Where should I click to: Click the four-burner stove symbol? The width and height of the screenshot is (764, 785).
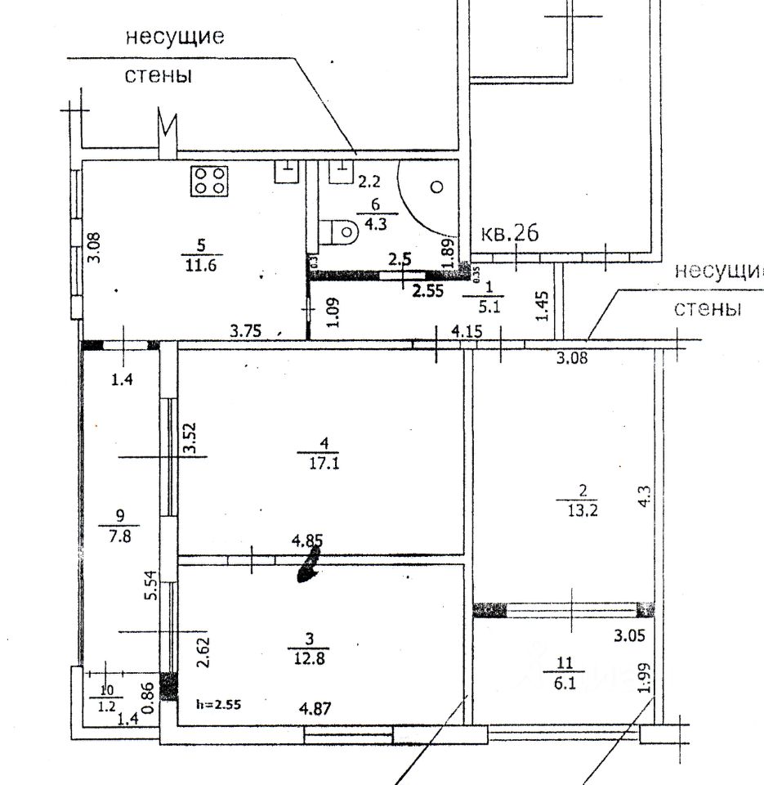click(209, 181)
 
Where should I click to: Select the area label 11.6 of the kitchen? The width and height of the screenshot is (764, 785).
click(202, 265)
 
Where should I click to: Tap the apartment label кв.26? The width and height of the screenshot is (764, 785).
click(511, 235)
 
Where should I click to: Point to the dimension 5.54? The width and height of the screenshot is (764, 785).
click(150, 585)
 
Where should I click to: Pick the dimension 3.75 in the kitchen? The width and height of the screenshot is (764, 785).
click(245, 331)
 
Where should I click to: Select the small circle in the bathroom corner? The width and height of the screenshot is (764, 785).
click(436, 186)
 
